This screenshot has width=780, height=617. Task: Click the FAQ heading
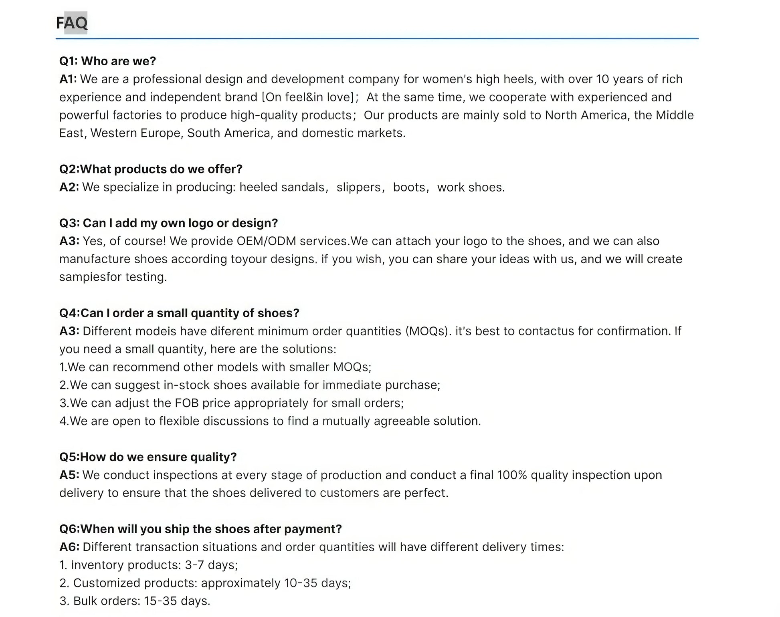(72, 23)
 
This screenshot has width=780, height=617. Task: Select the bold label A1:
(68, 79)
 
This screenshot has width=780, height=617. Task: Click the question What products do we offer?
(162, 169)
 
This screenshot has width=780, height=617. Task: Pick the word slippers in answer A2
(358, 188)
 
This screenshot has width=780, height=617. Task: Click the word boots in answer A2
(409, 188)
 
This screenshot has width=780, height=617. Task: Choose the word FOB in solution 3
(187, 403)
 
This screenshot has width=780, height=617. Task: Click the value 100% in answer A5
(512, 475)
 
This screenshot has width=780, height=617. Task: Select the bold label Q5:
(69, 457)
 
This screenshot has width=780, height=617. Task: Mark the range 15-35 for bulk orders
(160, 601)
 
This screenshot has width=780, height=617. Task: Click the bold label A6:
(69, 547)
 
